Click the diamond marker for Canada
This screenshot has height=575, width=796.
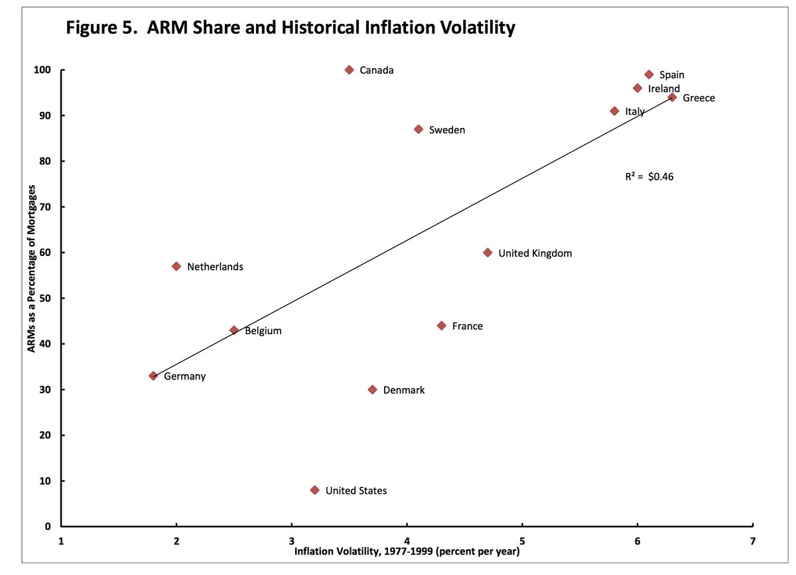point(350,70)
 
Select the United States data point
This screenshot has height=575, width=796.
point(314,490)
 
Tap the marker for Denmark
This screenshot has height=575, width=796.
point(372,389)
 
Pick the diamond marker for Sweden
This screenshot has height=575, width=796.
point(419,129)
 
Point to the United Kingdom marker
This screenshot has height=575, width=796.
point(488,253)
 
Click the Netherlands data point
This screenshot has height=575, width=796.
point(176,266)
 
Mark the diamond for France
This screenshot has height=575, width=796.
point(442,326)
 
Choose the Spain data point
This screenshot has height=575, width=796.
point(649,74)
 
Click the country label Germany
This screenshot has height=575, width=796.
point(185,376)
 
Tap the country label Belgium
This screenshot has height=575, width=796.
point(263,330)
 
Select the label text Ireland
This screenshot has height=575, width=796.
point(664,88)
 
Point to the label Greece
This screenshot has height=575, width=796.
point(699,98)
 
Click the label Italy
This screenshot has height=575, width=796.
point(635,111)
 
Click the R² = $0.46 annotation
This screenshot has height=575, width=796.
point(649,176)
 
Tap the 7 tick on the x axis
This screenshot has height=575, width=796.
point(753,540)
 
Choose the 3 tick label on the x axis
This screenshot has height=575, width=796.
point(292,540)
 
